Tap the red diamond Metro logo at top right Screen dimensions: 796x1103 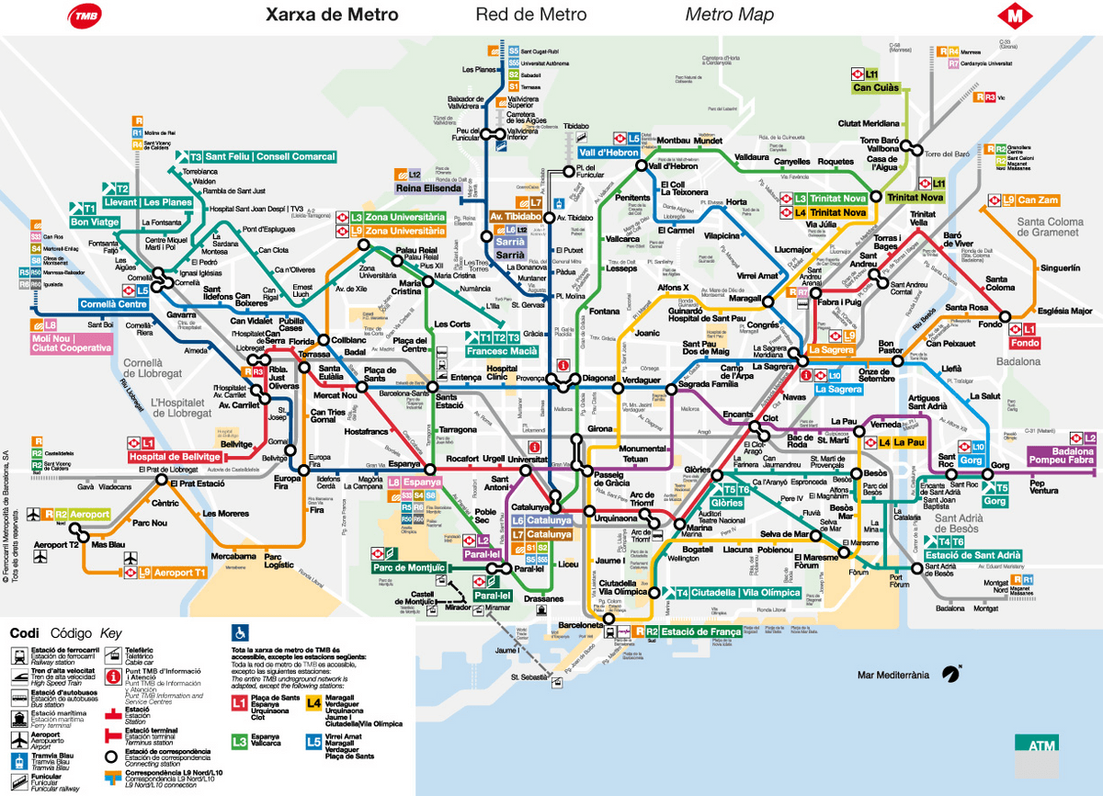pos(1016,16)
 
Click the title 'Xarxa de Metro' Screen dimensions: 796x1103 pos(332,15)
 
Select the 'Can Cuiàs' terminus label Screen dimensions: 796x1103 pos(875,89)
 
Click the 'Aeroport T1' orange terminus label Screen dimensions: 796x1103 pos(179,573)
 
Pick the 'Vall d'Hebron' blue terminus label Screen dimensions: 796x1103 pos(608,153)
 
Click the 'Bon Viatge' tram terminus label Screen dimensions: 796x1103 pos(95,222)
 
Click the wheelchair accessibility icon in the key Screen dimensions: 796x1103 pos(240,632)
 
